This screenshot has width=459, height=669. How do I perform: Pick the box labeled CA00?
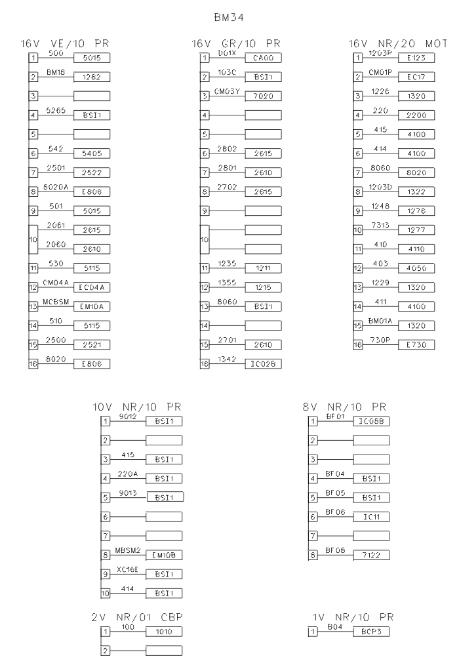coord(262,58)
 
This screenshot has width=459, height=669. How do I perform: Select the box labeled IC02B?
coord(262,363)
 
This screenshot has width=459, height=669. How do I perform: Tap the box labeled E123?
coord(416,58)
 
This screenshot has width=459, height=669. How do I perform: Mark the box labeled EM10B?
coord(163,555)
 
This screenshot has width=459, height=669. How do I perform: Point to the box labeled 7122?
coord(372,555)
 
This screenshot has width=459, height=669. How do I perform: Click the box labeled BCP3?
coord(372,631)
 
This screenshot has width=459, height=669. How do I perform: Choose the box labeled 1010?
coord(163,631)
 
